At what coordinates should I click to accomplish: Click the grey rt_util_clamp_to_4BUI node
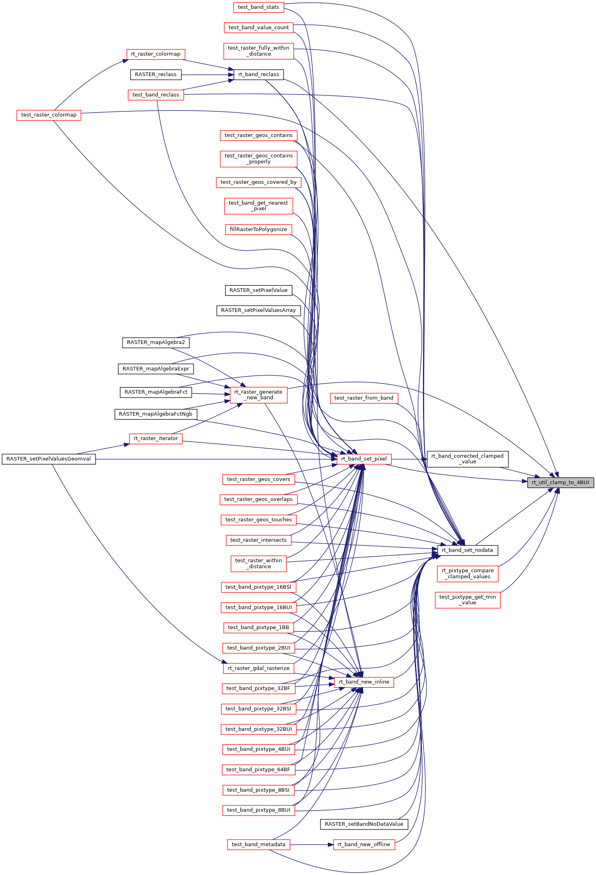coord(560,482)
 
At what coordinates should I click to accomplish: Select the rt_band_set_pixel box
coord(364,459)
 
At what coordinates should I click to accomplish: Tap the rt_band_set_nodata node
coord(467,550)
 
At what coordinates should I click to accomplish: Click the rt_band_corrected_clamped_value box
coord(467,459)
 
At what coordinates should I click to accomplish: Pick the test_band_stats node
coord(258,7)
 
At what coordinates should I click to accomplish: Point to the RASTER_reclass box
coord(156,74)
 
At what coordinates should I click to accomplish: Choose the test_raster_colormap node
coord(49,115)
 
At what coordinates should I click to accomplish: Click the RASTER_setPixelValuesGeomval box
coord(49,459)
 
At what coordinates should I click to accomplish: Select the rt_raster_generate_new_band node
coord(258,395)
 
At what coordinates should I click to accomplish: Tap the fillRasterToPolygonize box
coord(258,229)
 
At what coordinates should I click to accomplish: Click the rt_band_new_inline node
coord(364,682)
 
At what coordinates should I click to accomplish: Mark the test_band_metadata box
coord(258,845)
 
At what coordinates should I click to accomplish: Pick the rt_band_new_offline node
coord(364,845)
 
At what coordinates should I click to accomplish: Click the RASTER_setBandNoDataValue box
coord(364,824)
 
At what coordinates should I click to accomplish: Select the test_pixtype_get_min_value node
coord(467,600)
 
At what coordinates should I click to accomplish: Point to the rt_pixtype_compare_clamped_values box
coord(467,573)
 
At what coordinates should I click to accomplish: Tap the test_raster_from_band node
coord(364,398)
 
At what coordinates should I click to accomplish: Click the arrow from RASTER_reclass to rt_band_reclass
coord(207,75)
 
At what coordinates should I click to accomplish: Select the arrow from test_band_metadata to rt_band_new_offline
coord(312,845)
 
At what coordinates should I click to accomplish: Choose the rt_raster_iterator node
coord(156,439)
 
